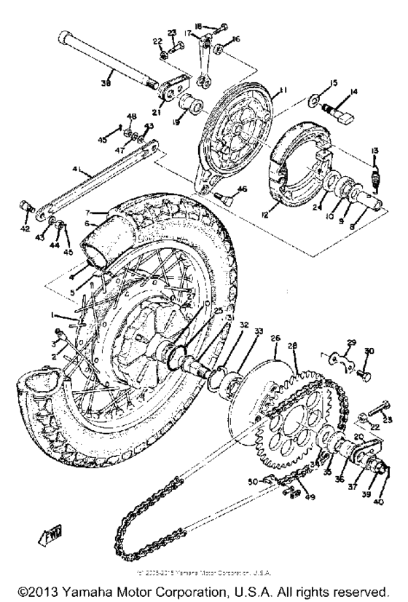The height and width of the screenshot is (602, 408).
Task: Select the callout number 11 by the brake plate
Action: click(283, 90)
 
